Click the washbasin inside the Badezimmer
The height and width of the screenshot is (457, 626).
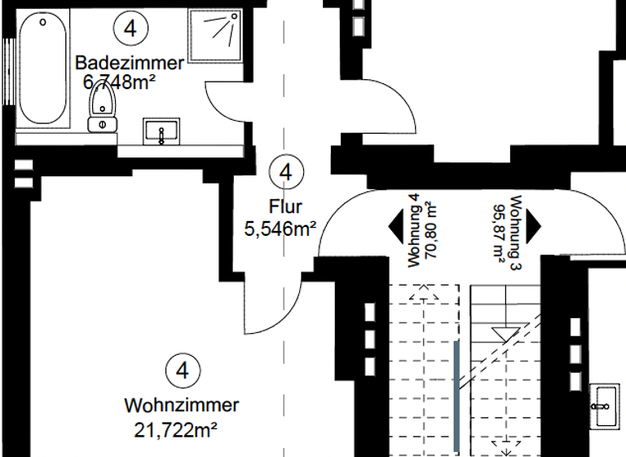pyautogui.click(x=164, y=131)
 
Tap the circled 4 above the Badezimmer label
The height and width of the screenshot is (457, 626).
pyautogui.click(x=130, y=29)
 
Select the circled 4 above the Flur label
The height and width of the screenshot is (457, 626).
pyautogui.click(x=285, y=172)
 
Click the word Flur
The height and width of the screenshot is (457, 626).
pyautogui.click(x=281, y=207)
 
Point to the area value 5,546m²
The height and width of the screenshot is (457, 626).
pyautogui.click(x=280, y=229)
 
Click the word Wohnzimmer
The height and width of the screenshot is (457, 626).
pyautogui.click(x=181, y=405)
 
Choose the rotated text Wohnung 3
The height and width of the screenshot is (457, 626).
pyautogui.click(x=514, y=233)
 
